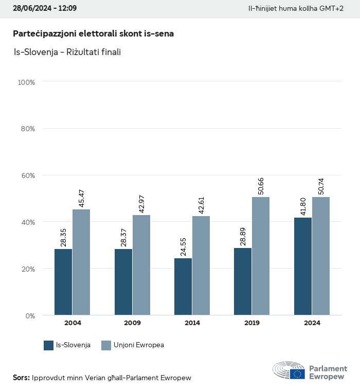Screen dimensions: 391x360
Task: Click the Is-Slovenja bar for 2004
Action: click(x=63, y=282)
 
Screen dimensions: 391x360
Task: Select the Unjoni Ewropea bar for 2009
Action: click(x=141, y=265)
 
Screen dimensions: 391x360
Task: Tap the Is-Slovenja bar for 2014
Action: click(x=183, y=287)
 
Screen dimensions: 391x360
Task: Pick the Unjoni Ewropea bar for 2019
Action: click(x=261, y=256)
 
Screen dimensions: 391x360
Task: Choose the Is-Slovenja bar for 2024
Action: click(x=303, y=266)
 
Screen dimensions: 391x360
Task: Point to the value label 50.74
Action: click(x=321, y=185)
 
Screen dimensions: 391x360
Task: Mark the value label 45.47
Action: click(x=81, y=198)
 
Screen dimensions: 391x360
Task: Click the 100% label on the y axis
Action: click(x=26, y=82)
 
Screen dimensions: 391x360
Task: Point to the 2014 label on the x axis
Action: click(x=192, y=323)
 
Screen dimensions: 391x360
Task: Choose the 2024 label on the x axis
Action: click(x=312, y=323)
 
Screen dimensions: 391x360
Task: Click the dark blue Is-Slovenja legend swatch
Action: click(x=49, y=345)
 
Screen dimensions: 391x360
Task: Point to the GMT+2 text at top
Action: click(x=332, y=9)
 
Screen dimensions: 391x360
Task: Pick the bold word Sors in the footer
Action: click(x=21, y=378)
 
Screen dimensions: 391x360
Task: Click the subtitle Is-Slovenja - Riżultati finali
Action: click(x=67, y=52)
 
